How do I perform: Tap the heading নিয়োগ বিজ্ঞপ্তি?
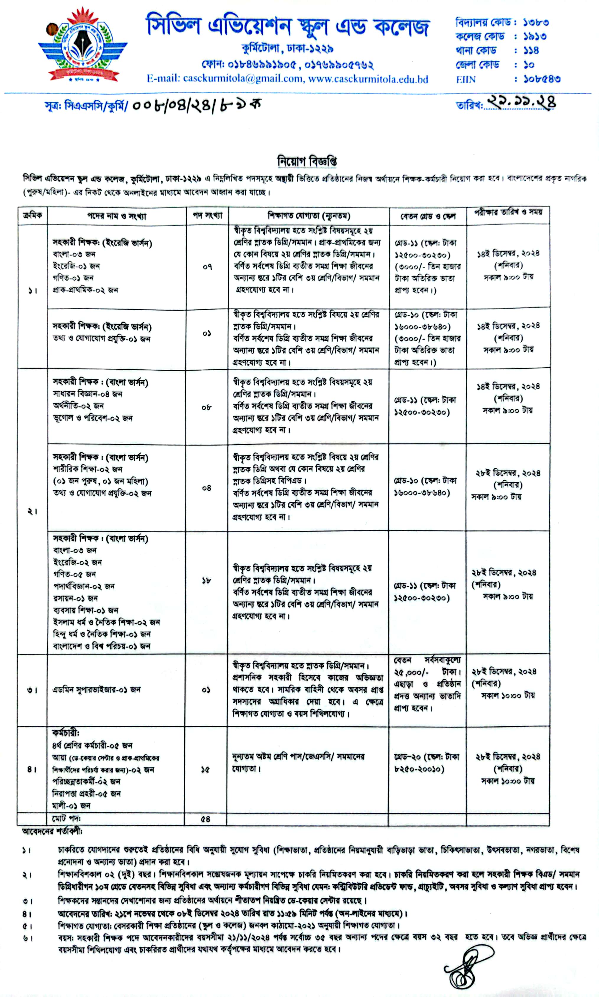click(x=307, y=161)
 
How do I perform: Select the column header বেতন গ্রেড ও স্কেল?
click(x=428, y=216)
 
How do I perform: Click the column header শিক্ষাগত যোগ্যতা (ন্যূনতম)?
click(x=309, y=216)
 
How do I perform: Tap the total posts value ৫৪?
click(x=206, y=819)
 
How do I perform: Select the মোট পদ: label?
click(x=66, y=818)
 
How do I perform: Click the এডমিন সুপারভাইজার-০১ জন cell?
click(x=97, y=689)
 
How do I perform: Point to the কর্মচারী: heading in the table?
click(x=66, y=733)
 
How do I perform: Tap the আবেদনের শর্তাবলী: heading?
click(x=53, y=832)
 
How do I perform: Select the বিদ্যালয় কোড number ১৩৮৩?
click(x=535, y=22)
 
